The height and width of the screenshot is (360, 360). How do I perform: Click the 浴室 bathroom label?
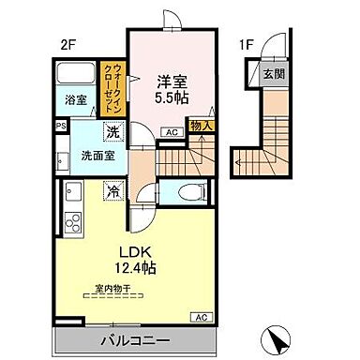click(75, 98)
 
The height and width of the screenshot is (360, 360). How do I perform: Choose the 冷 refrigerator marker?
click(112, 193)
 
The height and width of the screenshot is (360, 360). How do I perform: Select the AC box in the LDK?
click(200, 317)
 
